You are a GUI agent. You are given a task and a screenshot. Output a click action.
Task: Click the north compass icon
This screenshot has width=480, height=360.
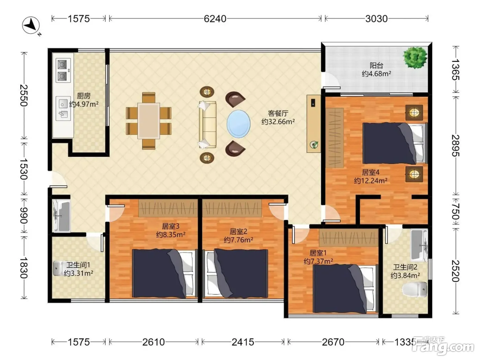31,26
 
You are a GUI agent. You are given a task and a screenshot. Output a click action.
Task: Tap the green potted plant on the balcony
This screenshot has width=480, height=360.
415,58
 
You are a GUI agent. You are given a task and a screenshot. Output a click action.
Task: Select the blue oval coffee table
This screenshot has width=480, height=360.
238,124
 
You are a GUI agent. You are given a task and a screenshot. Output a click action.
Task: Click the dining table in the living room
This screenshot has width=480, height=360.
149,121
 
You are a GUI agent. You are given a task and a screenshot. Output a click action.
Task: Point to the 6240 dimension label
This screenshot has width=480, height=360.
215,19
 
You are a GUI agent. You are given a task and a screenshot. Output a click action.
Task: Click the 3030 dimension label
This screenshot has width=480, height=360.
376,19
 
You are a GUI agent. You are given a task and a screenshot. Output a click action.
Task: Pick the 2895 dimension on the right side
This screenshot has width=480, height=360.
456,145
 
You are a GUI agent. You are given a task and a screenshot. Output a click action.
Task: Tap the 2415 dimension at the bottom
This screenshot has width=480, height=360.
243,342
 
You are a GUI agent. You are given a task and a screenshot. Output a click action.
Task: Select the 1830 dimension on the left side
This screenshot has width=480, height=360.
24,268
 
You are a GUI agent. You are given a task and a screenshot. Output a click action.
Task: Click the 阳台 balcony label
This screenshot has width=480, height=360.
376,65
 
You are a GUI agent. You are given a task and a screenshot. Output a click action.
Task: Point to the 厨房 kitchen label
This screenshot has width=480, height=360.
84,96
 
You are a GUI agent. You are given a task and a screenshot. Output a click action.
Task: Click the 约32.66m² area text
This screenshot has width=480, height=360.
278,121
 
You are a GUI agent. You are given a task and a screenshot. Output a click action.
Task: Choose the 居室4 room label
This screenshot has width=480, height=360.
371,172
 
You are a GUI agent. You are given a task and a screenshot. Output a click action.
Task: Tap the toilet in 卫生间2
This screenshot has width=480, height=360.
415,289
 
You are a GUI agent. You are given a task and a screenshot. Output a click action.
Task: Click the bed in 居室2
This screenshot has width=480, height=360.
237,273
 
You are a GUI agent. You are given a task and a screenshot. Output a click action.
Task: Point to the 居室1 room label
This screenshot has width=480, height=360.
318,253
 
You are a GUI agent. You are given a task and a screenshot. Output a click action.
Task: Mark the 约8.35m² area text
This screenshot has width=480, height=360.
171,235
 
